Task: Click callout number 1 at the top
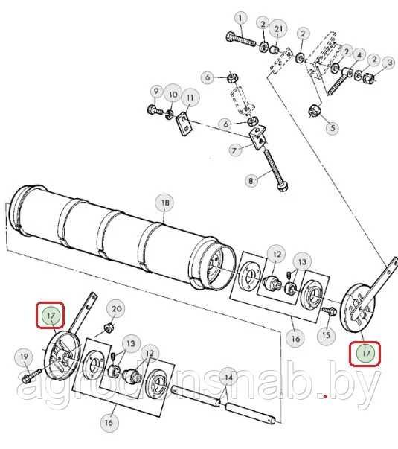(240, 19)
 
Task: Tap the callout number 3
(390, 63)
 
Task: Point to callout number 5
(333, 128)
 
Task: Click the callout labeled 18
(165, 203)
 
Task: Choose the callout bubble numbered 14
(228, 378)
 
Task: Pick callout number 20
(116, 309)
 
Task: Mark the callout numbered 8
(251, 181)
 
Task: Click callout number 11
(190, 98)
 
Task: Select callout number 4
(359, 54)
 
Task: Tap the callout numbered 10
(173, 94)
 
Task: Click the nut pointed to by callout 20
(108, 328)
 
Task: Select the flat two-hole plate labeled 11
(184, 124)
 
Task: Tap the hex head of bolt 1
(231, 36)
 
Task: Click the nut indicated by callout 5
(315, 110)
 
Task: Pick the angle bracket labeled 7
(259, 137)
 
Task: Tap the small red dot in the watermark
(326, 396)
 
